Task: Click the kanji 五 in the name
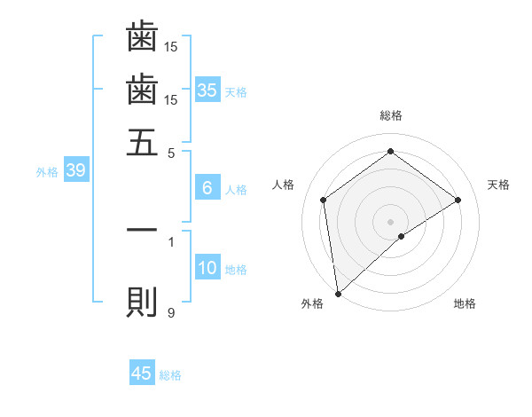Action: point(142,141)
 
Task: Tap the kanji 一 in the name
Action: point(142,230)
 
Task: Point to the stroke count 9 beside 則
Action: point(171,312)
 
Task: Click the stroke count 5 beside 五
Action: point(172,152)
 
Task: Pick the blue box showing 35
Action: point(207,90)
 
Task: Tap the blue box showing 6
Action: point(207,188)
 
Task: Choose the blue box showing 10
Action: point(207,268)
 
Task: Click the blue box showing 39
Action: point(75,171)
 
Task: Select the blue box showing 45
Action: point(142,374)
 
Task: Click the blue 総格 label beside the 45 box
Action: point(170,375)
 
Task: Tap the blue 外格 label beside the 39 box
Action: point(47,172)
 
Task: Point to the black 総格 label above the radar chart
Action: point(390,116)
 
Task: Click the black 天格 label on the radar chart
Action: point(499,185)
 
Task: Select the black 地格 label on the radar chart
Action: point(465,303)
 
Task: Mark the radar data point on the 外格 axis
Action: point(337,293)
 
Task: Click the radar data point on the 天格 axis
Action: point(458,200)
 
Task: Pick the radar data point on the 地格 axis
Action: point(402,236)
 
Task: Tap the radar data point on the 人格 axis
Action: point(324,200)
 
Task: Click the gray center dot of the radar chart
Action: point(390,221)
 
